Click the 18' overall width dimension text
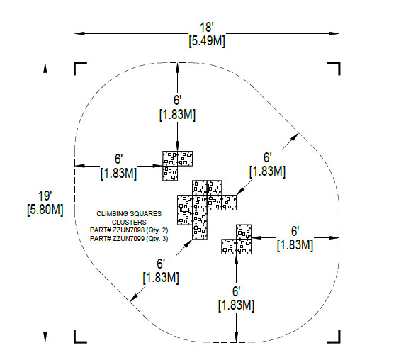[207, 27]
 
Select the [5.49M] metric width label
[207, 41]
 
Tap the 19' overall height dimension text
[45, 196]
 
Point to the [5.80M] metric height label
[45, 210]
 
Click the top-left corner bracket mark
[80, 69]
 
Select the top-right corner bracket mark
[334, 69]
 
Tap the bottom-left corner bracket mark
[80, 337]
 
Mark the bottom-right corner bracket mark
[334, 337]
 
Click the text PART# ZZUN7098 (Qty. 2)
[129, 230]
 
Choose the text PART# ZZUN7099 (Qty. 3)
[129, 238]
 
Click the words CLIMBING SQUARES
[129, 214]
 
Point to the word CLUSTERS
[129, 222]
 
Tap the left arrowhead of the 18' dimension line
[79, 33]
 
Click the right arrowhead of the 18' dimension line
[334, 33]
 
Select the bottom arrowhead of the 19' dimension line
[45, 337]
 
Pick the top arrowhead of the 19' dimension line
[45, 68]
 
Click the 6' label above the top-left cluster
[177, 100]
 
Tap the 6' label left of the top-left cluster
[118, 159]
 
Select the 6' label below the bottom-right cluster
[236, 291]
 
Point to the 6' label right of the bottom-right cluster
[295, 231]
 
